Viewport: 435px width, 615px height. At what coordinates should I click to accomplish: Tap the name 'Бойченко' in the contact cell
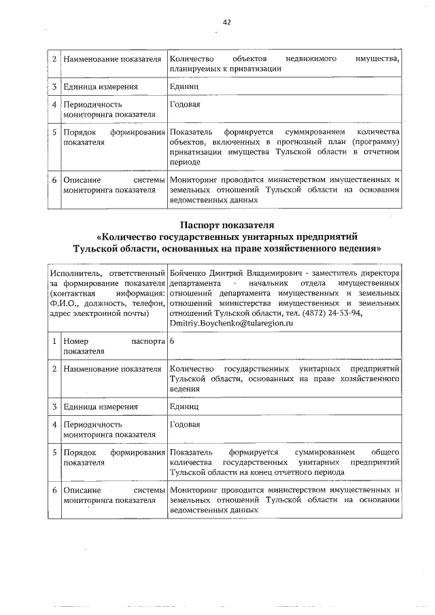click(x=189, y=273)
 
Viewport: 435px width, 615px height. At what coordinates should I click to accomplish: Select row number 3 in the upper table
click(x=54, y=87)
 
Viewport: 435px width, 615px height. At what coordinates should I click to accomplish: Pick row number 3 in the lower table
click(x=54, y=407)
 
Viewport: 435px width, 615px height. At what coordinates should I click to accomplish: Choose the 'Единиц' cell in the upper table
click(x=184, y=87)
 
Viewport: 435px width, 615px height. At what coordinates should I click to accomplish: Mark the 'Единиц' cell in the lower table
click(x=184, y=407)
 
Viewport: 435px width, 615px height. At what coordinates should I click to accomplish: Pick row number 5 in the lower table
click(x=54, y=452)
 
